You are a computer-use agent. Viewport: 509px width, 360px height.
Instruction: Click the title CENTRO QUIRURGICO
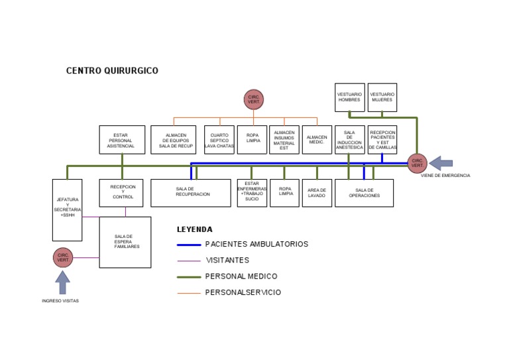[112, 71]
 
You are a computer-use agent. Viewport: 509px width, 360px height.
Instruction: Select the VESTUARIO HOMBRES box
[349, 97]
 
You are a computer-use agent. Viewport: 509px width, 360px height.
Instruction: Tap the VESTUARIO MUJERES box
[382, 97]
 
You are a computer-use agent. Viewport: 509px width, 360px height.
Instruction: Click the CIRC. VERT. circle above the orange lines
[254, 99]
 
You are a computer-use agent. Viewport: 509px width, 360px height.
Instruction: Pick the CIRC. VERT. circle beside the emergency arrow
[417, 163]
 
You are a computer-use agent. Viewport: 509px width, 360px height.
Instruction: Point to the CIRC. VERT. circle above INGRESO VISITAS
[63, 257]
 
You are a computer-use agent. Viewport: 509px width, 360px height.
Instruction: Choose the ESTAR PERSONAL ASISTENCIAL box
[122, 140]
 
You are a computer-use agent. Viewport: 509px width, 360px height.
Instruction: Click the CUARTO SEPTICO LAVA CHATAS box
[219, 140]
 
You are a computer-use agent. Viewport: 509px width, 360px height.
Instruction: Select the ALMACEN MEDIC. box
[317, 140]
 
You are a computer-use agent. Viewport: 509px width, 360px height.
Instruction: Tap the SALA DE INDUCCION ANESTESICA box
[349, 140]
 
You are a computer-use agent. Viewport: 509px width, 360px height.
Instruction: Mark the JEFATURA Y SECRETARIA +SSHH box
[68, 210]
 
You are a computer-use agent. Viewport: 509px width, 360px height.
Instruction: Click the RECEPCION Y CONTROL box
[123, 192]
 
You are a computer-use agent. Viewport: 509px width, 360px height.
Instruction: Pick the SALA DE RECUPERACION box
[190, 193]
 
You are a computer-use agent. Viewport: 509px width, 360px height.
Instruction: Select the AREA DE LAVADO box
[317, 193]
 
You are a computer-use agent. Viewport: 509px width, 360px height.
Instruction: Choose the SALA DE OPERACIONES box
[364, 193]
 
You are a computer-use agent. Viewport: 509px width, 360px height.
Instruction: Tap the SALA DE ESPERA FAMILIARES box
[125, 242]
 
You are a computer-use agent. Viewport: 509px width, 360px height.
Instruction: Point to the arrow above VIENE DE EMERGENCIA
[441, 163]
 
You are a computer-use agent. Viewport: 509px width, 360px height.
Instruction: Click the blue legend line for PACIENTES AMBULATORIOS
[189, 245]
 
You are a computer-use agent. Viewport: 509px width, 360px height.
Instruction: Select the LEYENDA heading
[194, 229]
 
